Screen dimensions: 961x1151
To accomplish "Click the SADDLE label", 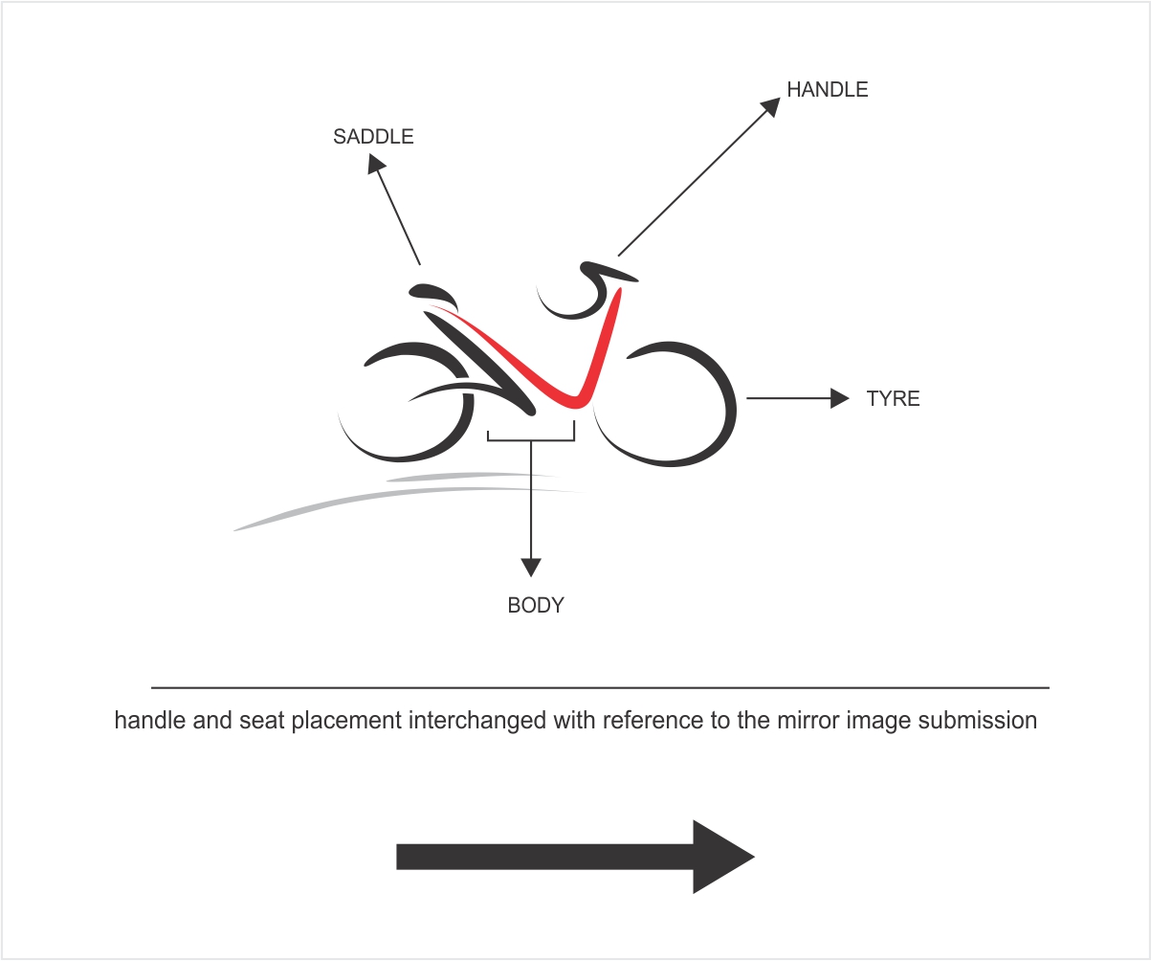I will tap(373, 137).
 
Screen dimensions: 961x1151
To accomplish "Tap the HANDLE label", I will tap(827, 90).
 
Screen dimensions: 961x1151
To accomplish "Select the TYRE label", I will tap(893, 399).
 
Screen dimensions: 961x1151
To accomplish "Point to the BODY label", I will tap(536, 605).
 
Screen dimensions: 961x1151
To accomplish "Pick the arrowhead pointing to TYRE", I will tap(840, 398).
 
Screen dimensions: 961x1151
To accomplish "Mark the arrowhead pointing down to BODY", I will tap(531, 568).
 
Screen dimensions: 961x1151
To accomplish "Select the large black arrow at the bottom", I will tap(574, 857).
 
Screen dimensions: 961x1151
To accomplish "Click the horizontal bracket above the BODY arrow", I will tap(531, 439).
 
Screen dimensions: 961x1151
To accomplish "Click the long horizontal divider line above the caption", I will tap(600, 687).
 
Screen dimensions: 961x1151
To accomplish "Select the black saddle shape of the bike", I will tap(433, 293).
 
